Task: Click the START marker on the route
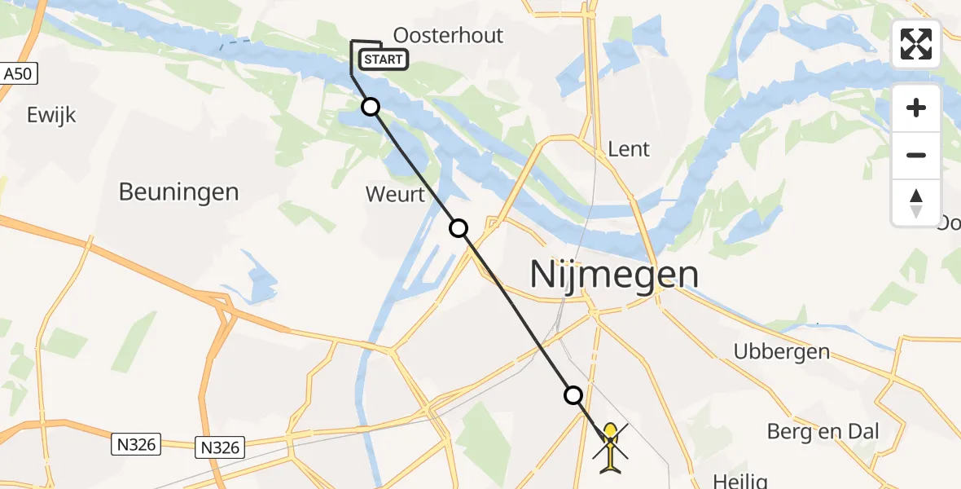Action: [382, 59]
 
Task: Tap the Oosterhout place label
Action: [448, 35]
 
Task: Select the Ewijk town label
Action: [51, 114]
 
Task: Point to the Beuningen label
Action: [178, 192]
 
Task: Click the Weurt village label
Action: [396, 195]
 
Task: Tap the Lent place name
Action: [629, 149]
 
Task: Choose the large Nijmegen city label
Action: [614, 274]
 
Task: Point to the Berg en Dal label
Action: [823, 431]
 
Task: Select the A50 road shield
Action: [20, 73]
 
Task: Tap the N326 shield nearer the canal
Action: [220, 447]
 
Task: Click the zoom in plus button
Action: [916, 108]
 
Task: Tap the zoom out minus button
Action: [916, 155]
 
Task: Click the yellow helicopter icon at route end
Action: [610, 446]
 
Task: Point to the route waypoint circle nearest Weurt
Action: [459, 228]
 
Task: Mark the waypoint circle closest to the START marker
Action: [371, 107]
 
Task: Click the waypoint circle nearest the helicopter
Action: [573, 395]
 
